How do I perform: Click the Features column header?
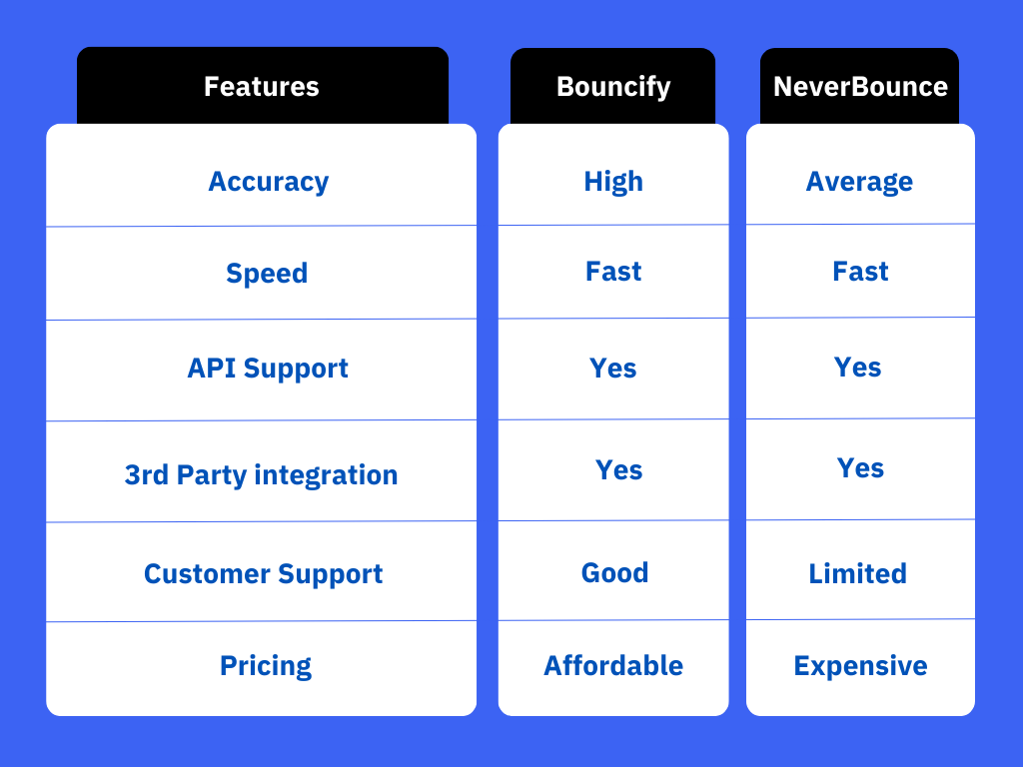[262, 86]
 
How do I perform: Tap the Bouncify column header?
[613, 87]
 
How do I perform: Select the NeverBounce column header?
[860, 86]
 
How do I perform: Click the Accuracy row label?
[268, 182]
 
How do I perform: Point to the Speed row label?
[267, 274]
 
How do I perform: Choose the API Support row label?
[268, 369]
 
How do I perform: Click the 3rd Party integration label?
[261, 475]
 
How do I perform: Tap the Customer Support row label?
[263, 574]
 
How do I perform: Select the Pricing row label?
[266, 666]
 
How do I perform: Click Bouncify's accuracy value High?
[613, 182]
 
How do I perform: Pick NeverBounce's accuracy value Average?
[859, 182]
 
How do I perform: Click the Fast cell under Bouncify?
[613, 272]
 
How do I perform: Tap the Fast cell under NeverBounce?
[860, 272]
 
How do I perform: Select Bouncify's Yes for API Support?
[612, 369]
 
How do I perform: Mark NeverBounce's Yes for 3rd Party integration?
[860, 468]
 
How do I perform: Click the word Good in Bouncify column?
[614, 573]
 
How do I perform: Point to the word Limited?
[858, 574]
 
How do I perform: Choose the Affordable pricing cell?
[613, 666]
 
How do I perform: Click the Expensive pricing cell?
[860, 666]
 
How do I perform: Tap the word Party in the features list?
[212, 475]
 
